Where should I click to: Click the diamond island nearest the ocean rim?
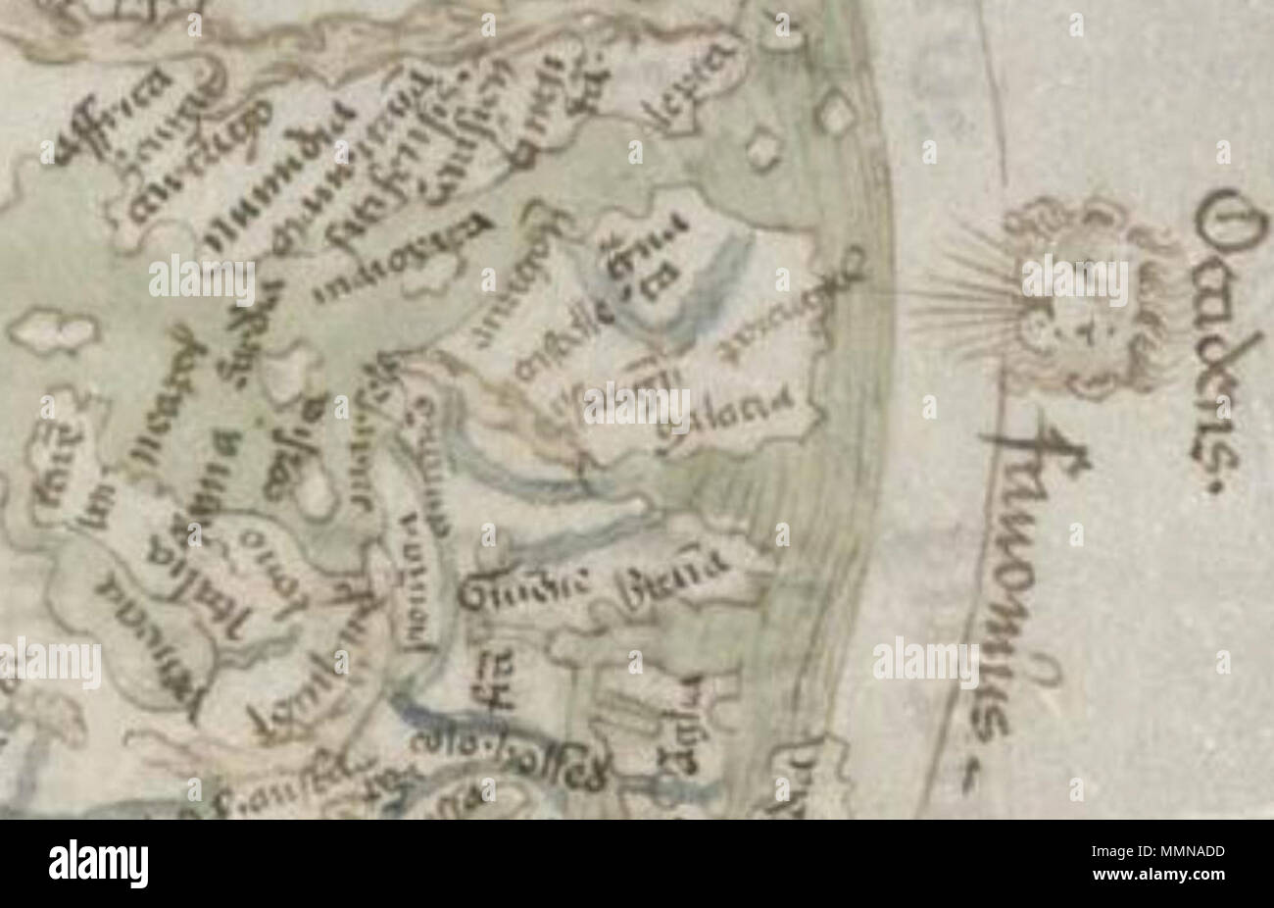[x=836, y=113]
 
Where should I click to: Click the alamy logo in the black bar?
[x=98, y=864]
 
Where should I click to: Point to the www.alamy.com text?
[x=1176, y=877]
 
